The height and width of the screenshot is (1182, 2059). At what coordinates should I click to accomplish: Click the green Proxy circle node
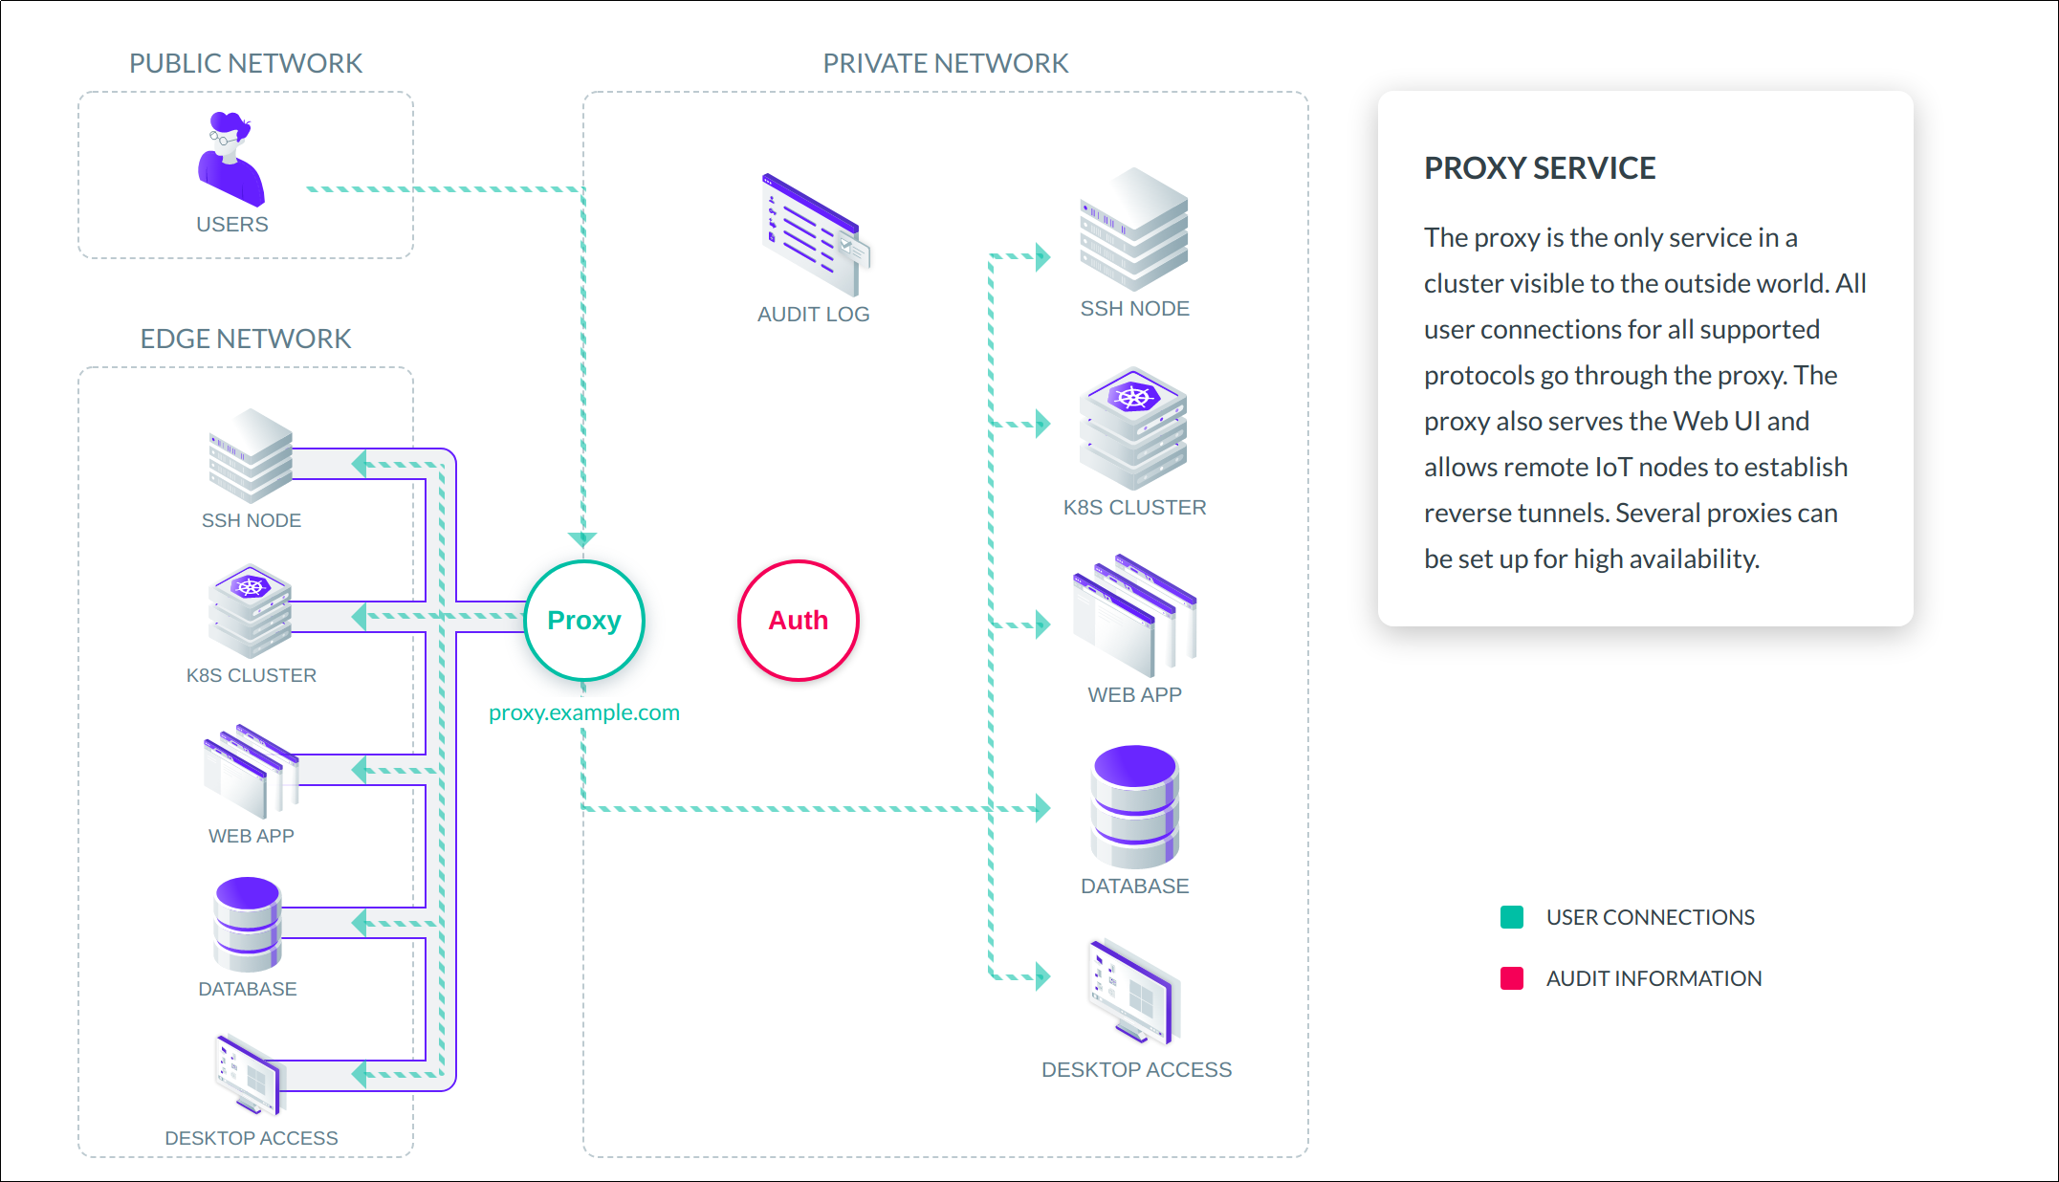click(x=584, y=621)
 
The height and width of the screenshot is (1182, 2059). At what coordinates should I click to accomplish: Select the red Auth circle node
click(x=799, y=621)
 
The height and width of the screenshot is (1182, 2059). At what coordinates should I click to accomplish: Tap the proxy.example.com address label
click(x=584, y=712)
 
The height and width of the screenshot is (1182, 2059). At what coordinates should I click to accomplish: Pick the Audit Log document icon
click(x=815, y=235)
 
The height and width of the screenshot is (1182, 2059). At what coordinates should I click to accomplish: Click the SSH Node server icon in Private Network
click(x=1134, y=230)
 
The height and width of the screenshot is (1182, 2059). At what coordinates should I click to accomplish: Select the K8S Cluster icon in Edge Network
click(x=250, y=611)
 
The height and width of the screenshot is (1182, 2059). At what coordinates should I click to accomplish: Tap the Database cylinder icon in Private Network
click(x=1134, y=807)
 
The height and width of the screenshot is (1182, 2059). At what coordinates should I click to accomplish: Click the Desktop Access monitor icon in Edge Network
click(x=248, y=1075)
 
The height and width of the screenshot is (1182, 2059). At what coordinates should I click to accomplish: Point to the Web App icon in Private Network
click(x=1134, y=616)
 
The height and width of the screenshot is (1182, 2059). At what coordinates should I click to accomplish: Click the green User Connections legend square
click(x=1512, y=917)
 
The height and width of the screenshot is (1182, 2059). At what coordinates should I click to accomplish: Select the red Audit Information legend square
click(x=1512, y=978)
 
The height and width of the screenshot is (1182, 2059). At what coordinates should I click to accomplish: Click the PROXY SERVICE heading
click(x=1540, y=168)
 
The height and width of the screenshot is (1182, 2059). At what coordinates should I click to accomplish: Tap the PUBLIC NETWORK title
click(x=246, y=63)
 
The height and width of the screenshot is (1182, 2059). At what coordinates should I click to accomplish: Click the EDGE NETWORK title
click(x=246, y=339)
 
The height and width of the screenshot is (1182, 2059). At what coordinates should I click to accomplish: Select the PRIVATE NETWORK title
click(x=945, y=63)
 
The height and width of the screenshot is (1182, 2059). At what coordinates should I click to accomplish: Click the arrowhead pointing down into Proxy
click(x=582, y=539)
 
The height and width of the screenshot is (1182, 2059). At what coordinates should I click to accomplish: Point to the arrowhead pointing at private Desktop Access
click(x=1042, y=976)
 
